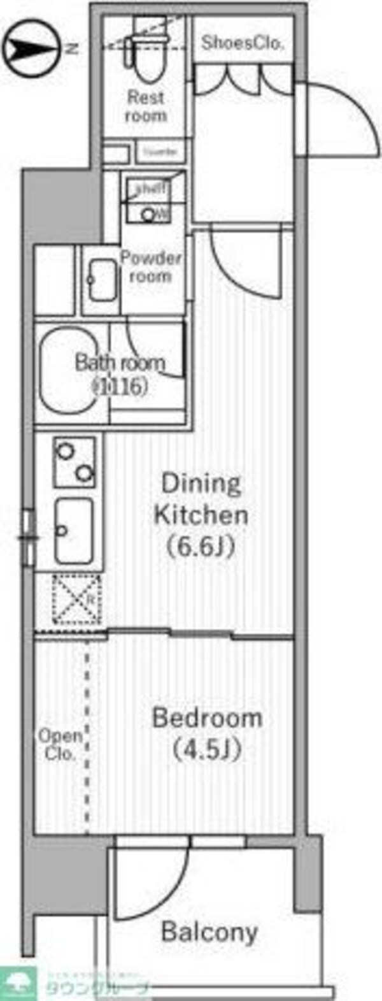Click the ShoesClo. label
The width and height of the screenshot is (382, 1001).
[242, 43]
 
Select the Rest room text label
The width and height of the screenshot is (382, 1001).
[146, 106]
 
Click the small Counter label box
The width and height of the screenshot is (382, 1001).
[160, 152]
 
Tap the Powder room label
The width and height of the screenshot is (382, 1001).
[151, 267]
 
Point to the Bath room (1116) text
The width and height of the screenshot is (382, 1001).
[120, 374]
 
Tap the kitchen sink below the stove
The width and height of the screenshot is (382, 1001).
[73, 530]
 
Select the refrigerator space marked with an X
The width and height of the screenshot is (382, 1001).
[76, 600]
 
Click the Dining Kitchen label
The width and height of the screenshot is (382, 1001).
[201, 499]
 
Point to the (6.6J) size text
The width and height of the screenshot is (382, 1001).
[201, 546]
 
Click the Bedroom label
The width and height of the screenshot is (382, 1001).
[207, 717]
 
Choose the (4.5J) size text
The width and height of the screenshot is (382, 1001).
[207, 750]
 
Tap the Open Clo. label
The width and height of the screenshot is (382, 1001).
[60, 744]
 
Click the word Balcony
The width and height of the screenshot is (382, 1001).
[209, 932]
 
